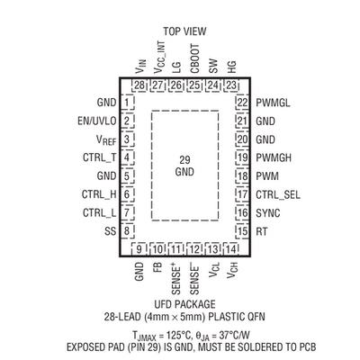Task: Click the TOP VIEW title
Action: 184,31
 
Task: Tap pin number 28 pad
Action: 139,85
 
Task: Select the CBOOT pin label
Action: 194,58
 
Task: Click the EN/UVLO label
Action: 96,121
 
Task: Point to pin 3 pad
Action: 127,139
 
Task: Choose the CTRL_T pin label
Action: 99,157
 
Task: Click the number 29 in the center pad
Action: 184,159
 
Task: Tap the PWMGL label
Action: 273,103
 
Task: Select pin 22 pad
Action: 242,103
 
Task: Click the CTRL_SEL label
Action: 278,195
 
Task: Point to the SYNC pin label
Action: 268,213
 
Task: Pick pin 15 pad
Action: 242,231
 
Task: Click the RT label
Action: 261,231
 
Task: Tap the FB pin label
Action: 157,266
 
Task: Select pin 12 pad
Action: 194,248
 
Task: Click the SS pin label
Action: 110,231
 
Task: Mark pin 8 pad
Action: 127,231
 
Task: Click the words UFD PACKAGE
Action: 184,304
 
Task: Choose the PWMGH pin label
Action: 274,157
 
